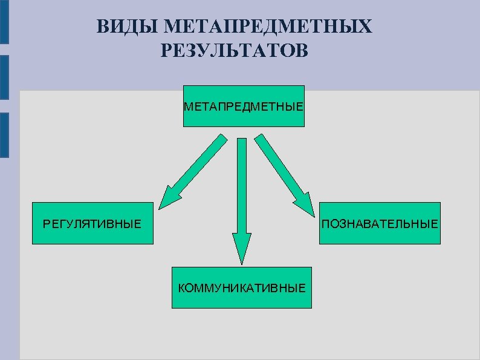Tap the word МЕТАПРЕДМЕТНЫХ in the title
point(268,27)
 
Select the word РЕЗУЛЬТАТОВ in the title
point(235,51)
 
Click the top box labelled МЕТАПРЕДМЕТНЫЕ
point(244,106)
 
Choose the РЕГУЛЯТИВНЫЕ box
point(92,223)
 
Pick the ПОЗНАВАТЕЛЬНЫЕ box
point(380,223)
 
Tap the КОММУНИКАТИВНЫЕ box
point(242,287)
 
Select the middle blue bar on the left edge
point(4,77)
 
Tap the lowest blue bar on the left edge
point(4,134)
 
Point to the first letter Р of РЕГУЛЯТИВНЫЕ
point(47,224)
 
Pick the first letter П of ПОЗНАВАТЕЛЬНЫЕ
point(326,224)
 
